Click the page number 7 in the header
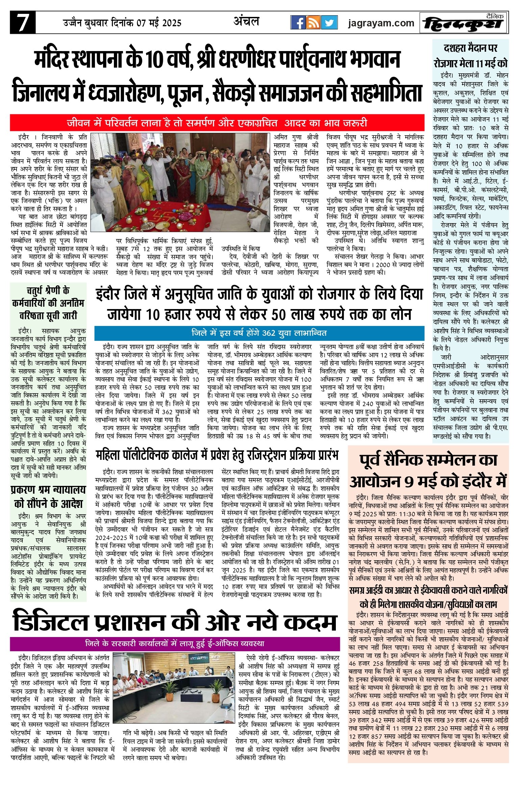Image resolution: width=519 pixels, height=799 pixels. point(22,23)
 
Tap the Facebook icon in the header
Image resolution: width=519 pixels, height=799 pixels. point(298,23)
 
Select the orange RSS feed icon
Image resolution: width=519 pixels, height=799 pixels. point(313,23)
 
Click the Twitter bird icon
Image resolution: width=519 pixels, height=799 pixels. point(329,23)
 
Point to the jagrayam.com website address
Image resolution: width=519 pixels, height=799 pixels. point(381,23)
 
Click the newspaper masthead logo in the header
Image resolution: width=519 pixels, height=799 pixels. point(464,23)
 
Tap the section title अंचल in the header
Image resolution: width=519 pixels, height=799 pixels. point(246,22)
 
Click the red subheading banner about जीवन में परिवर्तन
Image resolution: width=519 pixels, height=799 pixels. point(217,123)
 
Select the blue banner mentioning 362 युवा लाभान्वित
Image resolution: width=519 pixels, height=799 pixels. point(259,333)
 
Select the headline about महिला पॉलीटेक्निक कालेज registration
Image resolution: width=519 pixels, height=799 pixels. point(217,455)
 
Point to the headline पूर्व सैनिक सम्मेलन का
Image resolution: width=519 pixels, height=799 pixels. point(428,461)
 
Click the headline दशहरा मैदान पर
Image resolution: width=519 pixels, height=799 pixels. point(470,48)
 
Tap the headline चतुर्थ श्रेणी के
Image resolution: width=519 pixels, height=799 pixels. point(48,290)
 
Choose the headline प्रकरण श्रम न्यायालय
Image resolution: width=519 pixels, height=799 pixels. point(48,490)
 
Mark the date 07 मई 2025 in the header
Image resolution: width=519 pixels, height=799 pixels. point(159,23)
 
